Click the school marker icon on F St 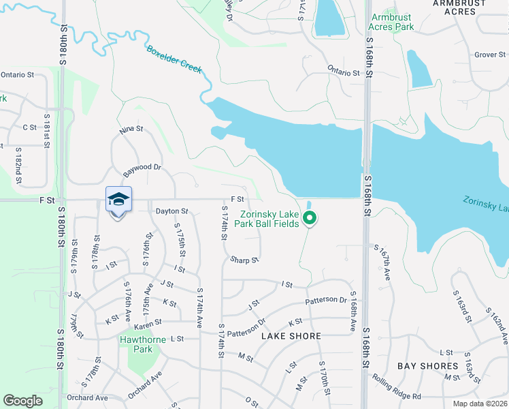[118, 199]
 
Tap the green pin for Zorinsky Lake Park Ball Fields [310, 219]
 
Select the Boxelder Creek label [176, 59]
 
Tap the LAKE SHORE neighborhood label [291, 336]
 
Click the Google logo [22, 401]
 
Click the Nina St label [131, 128]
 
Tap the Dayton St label [171, 211]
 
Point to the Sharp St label [244, 260]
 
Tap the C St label [29, 127]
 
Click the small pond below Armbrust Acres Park [418, 69]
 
